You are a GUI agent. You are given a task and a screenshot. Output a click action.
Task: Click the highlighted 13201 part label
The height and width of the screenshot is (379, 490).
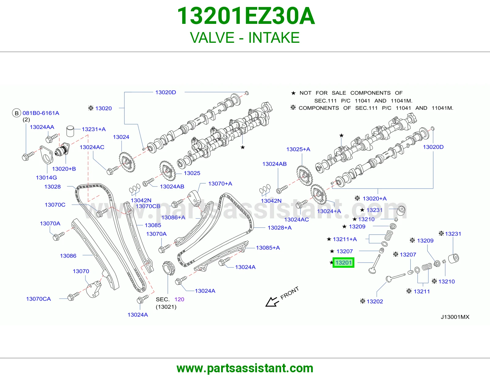point(343,263)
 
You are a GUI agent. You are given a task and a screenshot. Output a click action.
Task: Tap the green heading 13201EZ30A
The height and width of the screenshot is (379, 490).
point(246,16)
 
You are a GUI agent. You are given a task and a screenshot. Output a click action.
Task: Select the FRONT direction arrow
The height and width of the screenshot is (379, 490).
point(272,302)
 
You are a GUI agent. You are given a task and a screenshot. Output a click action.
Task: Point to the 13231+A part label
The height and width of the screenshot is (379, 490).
point(94,129)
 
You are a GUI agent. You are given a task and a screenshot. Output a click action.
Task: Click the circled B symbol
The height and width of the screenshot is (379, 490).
point(17,113)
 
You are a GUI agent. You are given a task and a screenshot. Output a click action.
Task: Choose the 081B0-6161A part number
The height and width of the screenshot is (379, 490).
point(41,113)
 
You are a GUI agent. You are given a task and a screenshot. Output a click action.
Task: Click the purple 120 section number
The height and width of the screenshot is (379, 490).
point(179,299)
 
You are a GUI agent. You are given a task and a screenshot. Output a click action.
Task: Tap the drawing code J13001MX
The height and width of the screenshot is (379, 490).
point(455,317)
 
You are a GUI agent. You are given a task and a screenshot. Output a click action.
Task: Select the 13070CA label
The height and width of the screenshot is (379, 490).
point(39,299)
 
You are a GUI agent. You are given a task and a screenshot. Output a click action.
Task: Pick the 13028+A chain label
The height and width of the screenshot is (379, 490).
point(280,228)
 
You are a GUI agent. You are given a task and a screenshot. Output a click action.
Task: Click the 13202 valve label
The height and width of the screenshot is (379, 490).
point(375,301)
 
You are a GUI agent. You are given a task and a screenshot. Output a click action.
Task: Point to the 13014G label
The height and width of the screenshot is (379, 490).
point(47,178)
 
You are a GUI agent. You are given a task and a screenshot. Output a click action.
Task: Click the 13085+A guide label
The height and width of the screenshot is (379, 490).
point(268,248)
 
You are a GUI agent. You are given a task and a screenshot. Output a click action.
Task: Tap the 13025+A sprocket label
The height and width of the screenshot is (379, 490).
point(298,149)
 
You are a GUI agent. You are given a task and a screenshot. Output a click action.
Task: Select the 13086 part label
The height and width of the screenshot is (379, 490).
point(68,256)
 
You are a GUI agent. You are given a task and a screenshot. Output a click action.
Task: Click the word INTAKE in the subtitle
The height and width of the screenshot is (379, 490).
point(274,38)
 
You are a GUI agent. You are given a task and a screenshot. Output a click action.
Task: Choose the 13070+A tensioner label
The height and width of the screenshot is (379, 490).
point(220,184)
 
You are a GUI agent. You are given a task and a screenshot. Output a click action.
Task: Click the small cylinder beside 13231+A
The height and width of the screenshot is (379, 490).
point(70,131)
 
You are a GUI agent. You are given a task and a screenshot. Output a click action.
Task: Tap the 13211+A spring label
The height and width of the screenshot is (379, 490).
point(345,239)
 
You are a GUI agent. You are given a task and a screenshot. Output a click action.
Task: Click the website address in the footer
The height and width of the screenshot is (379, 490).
point(245,368)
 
